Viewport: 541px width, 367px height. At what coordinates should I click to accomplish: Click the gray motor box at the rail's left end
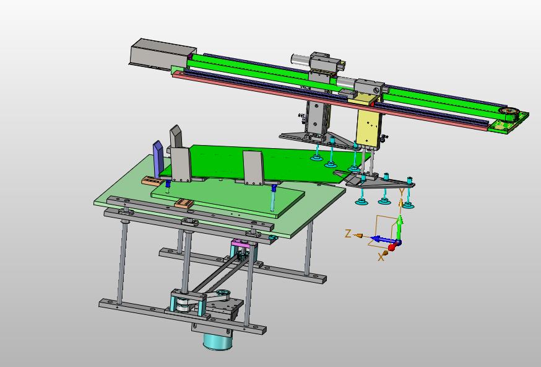click(x=163, y=53)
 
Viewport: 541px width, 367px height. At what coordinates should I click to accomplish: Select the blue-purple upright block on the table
click(x=158, y=159)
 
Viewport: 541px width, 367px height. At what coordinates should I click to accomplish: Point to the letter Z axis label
click(x=348, y=234)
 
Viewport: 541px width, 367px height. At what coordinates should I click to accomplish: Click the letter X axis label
click(x=381, y=257)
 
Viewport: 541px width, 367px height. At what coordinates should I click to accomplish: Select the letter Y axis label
click(x=402, y=192)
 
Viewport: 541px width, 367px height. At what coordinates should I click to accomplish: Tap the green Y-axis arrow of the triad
click(x=399, y=228)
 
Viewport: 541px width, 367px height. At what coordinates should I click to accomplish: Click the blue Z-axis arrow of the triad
click(x=383, y=239)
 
